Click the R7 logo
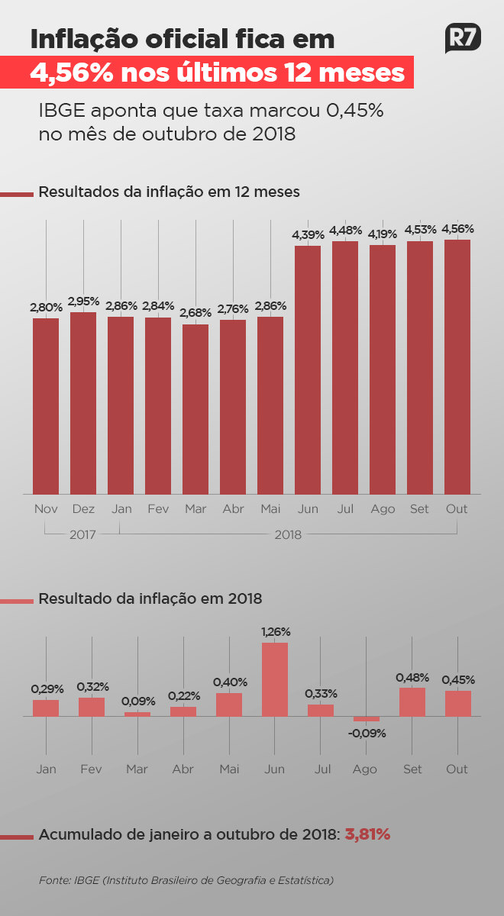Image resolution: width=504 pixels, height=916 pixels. pyautogui.click(x=463, y=38)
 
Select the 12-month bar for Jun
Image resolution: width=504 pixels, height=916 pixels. pyautogui.click(x=308, y=369)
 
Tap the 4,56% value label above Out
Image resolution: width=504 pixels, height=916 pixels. pyautogui.click(x=457, y=228)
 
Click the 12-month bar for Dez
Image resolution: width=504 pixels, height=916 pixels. pyautogui.click(x=83, y=403)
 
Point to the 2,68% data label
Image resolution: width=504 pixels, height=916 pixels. pyautogui.click(x=195, y=313)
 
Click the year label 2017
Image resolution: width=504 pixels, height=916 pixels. pyautogui.click(x=82, y=535)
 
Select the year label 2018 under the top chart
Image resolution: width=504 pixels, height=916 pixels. pyautogui.click(x=288, y=535)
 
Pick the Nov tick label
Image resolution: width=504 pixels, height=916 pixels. pyautogui.click(x=46, y=508)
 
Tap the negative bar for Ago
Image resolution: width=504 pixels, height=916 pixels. pyautogui.click(x=367, y=719)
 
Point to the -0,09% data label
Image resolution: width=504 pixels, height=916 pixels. pyautogui.click(x=367, y=734)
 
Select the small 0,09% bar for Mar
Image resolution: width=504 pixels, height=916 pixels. pyautogui.click(x=137, y=714)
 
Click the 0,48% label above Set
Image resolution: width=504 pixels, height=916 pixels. pyautogui.click(x=412, y=677)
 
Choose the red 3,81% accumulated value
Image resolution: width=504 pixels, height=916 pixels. pyautogui.click(x=368, y=835)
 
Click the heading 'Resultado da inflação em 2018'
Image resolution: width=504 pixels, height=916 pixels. pyautogui.click(x=150, y=599)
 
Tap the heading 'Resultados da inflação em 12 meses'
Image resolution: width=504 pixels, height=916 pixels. pyautogui.click(x=169, y=192)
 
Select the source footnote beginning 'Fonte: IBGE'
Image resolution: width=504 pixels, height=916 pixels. pyautogui.click(x=186, y=880)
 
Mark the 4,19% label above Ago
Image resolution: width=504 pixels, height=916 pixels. pyautogui.click(x=383, y=234)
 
